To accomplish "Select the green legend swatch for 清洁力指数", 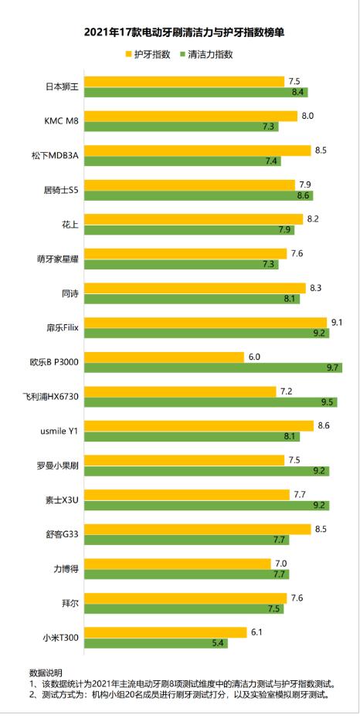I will click(182, 56).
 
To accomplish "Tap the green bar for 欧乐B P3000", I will click(212, 367).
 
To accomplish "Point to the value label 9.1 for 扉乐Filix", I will click(336, 322).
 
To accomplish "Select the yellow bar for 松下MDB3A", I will click(197, 151).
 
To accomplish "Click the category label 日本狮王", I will click(63, 86).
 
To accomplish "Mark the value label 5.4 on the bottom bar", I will click(218, 642).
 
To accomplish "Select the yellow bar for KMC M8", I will click(190, 116).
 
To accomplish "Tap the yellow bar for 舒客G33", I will click(197, 529).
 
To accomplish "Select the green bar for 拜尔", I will click(184, 608).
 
